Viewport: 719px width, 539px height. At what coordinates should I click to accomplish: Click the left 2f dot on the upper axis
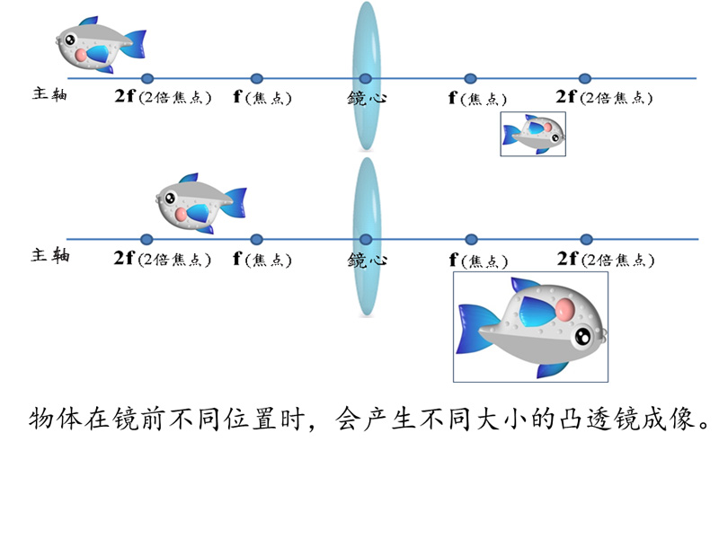tap(147, 78)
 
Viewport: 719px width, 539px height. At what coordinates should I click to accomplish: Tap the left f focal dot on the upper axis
tap(257, 78)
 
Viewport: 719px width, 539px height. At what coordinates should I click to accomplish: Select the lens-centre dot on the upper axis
tap(365, 78)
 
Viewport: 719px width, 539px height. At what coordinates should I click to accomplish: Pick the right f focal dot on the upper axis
tap(470, 78)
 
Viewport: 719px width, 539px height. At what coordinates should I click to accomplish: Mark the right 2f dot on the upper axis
tap(585, 78)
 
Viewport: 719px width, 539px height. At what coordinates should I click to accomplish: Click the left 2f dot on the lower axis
tap(146, 239)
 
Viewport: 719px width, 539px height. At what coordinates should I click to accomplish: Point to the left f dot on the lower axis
tap(257, 239)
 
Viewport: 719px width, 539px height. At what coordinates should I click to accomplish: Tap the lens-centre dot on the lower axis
tap(366, 239)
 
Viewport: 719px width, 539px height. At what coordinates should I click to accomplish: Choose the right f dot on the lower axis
tap(471, 239)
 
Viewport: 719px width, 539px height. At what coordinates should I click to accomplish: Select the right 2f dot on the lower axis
tap(586, 239)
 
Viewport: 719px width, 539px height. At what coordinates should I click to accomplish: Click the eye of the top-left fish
tap(70, 40)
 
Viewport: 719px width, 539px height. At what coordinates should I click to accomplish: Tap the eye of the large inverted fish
tap(583, 338)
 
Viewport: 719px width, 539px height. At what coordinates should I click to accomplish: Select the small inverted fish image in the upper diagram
tap(533, 133)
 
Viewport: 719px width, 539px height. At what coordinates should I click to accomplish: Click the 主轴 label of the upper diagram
tap(49, 93)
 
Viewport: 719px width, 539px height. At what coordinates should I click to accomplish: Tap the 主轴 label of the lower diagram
tap(50, 255)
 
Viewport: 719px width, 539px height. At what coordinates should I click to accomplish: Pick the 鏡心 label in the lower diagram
tap(367, 260)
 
